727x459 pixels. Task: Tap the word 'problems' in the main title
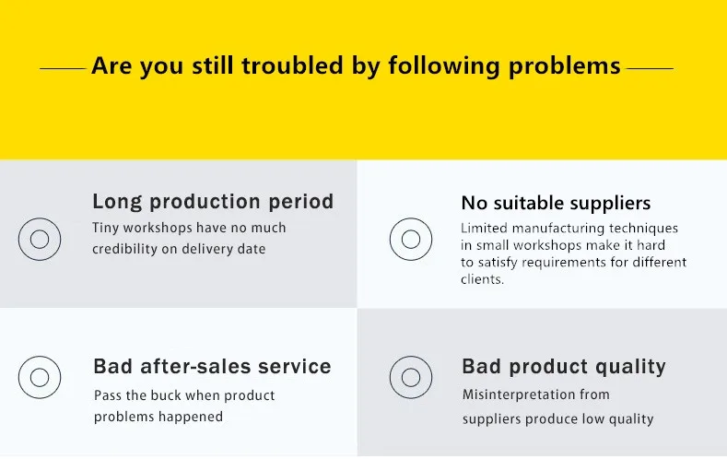pyautogui.click(x=564, y=65)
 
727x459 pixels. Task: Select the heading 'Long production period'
pyautogui.click(x=213, y=202)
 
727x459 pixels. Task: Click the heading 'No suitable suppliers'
pyautogui.click(x=556, y=203)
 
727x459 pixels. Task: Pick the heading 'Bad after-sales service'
pyautogui.click(x=212, y=366)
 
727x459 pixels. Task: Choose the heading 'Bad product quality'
pyautogui.click(x=564, y=367)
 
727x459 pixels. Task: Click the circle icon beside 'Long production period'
pyautogui.click(x=40, y=218)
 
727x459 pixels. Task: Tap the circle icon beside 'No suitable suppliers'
pyautogui.click(x=411, y=218)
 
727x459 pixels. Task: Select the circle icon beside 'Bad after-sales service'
pyautogui.click(x=40, y=357)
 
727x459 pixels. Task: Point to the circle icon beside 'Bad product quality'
pyautogui.click(x=411, y=357)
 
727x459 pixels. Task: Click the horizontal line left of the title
pyautogui.click(x=63, y=68)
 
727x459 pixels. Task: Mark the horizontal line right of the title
pyautogui.click(x=650, y=68)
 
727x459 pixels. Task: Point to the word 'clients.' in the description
pyautogui.click(x=482, y=279)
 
